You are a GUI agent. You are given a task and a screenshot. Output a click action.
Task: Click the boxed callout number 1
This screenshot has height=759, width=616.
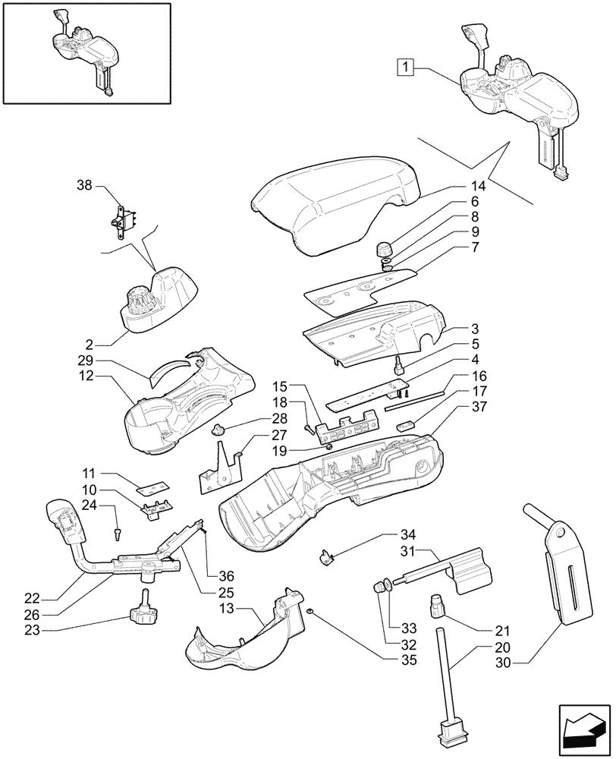[407, 68]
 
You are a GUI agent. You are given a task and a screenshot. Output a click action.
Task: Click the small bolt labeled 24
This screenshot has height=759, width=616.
[118, 533]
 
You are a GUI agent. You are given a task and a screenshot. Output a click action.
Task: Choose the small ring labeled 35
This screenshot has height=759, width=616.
[310, 611]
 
